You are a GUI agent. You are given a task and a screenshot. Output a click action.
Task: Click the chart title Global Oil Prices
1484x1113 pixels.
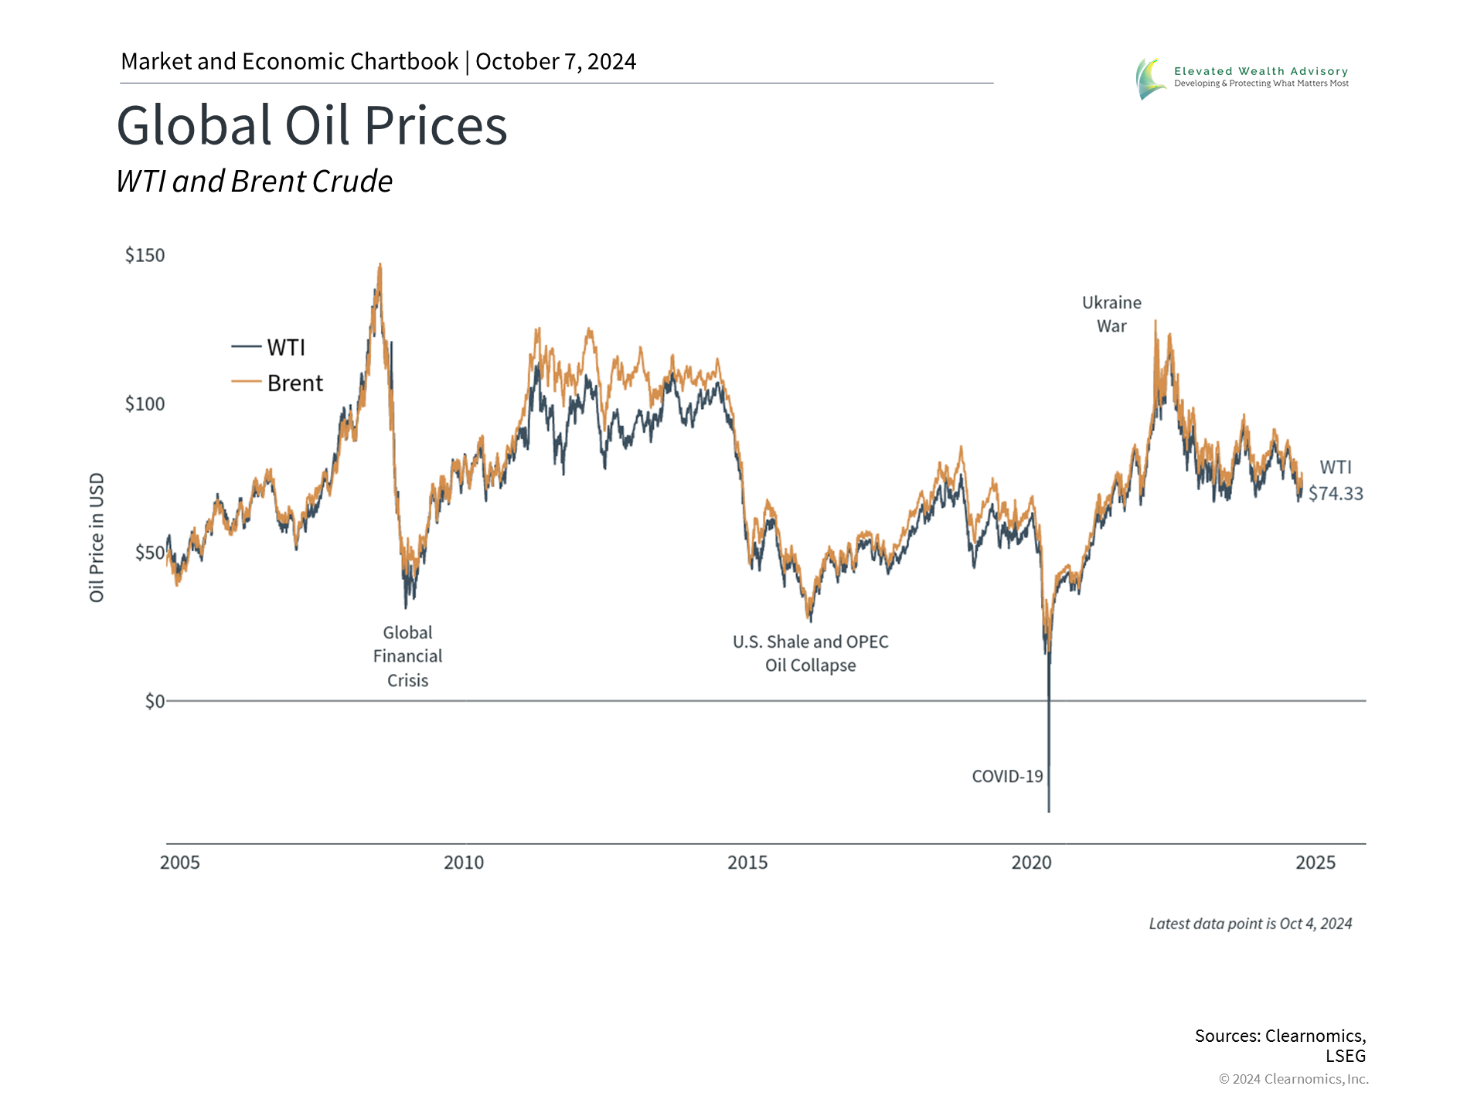coord(311,125)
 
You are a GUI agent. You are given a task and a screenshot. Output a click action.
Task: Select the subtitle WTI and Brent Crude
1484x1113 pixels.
coord(254,182)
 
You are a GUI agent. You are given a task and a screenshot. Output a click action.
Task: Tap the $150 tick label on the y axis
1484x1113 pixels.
coord(145,255)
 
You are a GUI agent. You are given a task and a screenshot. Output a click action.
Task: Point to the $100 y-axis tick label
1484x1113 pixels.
coord(145,403)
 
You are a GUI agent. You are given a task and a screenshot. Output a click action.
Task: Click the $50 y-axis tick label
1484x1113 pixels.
coord(149,553)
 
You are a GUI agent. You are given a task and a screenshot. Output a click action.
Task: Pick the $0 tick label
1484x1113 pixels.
coord(155,701)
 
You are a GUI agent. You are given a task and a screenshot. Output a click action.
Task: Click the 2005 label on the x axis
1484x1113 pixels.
coord(179,863)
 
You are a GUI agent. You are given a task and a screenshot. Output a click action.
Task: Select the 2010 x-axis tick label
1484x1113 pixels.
coord(464,863)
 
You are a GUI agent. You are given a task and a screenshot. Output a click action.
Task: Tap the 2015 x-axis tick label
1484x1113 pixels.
coord(747,863)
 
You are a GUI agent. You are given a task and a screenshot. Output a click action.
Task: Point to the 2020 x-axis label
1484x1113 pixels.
coord(1031,863)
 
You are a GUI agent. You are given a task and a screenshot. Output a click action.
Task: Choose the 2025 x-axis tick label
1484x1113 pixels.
coord(1316,863)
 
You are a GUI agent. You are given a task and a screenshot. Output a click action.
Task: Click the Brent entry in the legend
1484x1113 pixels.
coord(294,383)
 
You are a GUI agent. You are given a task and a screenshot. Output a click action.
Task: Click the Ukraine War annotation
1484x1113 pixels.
coord(1111,314)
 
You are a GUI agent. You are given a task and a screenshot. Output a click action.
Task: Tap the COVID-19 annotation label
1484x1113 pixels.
coord(1007,776)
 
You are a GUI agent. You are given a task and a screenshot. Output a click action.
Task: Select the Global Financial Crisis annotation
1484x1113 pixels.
coord(407,656)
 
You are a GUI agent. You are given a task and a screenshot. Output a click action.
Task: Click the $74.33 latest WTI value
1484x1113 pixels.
coord(1336,493)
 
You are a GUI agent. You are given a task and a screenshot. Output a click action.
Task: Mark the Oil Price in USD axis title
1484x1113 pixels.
coord(97,537)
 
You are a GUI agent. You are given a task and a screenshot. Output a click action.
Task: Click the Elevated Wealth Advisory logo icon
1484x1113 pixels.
coord(1150,78)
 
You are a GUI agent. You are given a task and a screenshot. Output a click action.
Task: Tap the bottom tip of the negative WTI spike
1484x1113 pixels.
coord(1049,812)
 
